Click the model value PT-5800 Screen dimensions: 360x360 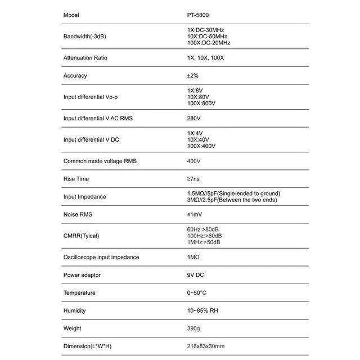tap(198, 15)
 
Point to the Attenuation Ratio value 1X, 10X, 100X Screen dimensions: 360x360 tap(205, 58)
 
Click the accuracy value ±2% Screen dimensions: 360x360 tap(193, 75)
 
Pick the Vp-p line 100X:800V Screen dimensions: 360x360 tap(201, 103)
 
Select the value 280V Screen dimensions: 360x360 tap(193, 118)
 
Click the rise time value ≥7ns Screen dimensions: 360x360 tap(193, 179)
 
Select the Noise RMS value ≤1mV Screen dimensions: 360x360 tap(193, 215)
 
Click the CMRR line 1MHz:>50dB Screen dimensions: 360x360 tap(204, 242)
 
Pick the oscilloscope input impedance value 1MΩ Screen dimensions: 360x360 tap(193, 257)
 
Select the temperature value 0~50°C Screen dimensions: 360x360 tap(196, 293)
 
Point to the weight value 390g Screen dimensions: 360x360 tap(193, 328)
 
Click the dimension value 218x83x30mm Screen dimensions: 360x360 tap(205, 346)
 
